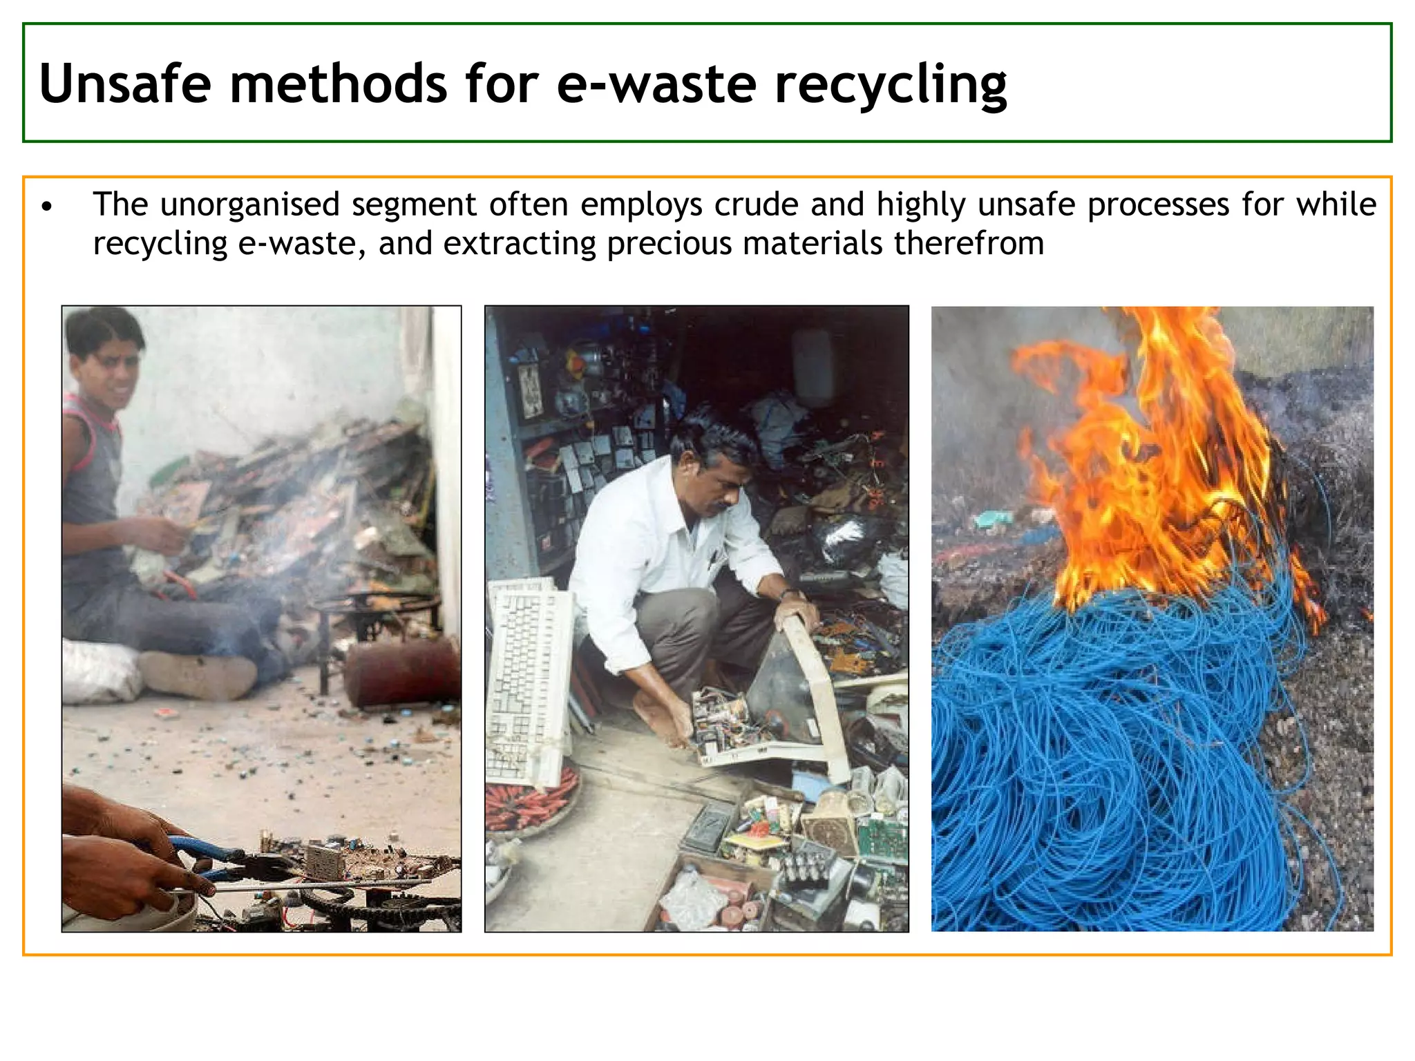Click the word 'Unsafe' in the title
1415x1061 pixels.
[x=125, y=84]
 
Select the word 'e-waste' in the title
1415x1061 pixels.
[x=656, y=84]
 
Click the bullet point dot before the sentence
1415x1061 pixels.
[x=46, y=207]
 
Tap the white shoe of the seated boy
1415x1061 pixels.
[x=197, y=673]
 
